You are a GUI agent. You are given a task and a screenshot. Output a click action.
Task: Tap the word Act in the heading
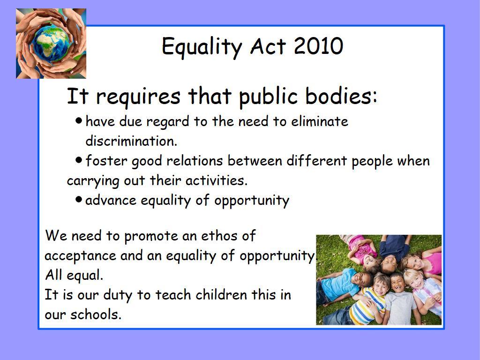click(x=268, y=46)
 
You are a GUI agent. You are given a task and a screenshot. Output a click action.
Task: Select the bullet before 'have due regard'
click(x=79, y=120)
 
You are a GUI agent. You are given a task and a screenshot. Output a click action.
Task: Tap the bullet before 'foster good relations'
click(x=79, y=160)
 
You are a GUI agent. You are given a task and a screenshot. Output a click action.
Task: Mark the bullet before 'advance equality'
click(x=79, y=200)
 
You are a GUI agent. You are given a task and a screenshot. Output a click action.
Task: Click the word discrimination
click(x=131, y=141)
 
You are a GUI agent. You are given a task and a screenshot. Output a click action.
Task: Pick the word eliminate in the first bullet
click(x=320, y=121)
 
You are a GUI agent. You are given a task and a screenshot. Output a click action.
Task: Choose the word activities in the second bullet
click(x=217, y=180)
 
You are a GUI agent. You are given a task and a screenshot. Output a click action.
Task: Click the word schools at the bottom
click(x=96, y=314)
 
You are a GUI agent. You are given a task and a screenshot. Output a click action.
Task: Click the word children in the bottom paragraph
click(x=221, y=294)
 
